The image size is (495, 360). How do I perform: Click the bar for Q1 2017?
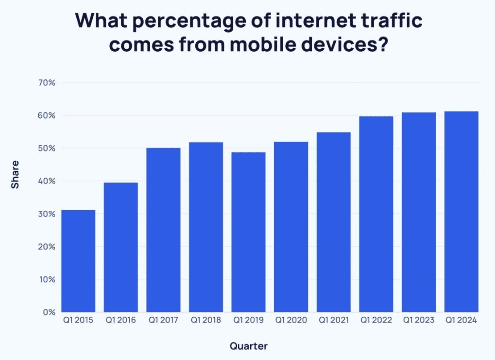click(163, 230)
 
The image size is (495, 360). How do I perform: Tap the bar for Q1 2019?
click(248, 232)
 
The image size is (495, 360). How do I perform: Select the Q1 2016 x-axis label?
click(121, 320)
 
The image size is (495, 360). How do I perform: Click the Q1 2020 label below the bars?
click(291, 320)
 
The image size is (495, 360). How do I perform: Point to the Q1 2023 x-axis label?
click(419, 320)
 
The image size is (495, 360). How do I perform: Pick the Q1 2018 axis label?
click(206, 320)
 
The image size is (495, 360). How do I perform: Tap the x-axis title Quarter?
click(248, 346)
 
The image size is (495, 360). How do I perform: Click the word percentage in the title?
click(180, 22)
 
